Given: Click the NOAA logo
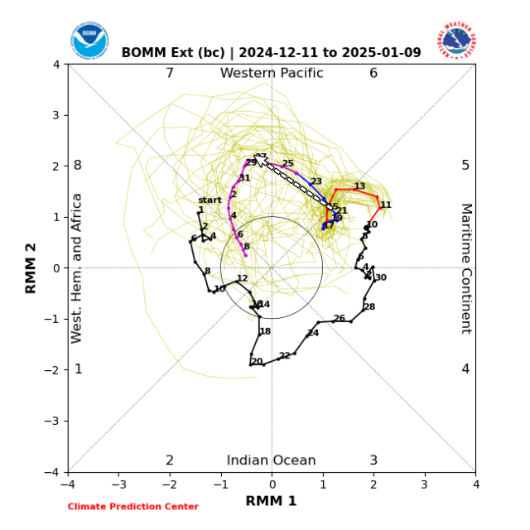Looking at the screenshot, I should point(89,41).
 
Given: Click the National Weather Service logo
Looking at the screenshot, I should point(456,40).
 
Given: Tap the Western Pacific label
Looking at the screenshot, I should point(271,73).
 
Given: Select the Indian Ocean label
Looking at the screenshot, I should point(271,460).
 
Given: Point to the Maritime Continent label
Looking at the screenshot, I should point(465,267).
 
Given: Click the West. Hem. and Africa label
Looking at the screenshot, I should point(77,267).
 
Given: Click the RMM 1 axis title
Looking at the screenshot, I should point(271,501).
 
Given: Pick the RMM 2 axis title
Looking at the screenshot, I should point(31,267).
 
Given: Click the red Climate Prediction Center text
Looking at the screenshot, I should point(132,507).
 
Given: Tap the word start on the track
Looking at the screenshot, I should point(210,200).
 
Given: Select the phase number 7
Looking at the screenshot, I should point(170,73).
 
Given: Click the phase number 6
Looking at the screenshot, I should point(373,73).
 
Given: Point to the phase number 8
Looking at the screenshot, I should point(78,165).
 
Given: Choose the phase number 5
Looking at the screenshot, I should point(465,165).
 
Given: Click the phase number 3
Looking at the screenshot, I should point(373,460).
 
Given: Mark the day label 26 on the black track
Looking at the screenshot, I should point(339,318).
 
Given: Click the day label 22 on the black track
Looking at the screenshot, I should point(284,355).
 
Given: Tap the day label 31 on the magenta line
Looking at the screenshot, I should point(244,178).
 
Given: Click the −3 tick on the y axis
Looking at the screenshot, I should point(57,421).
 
